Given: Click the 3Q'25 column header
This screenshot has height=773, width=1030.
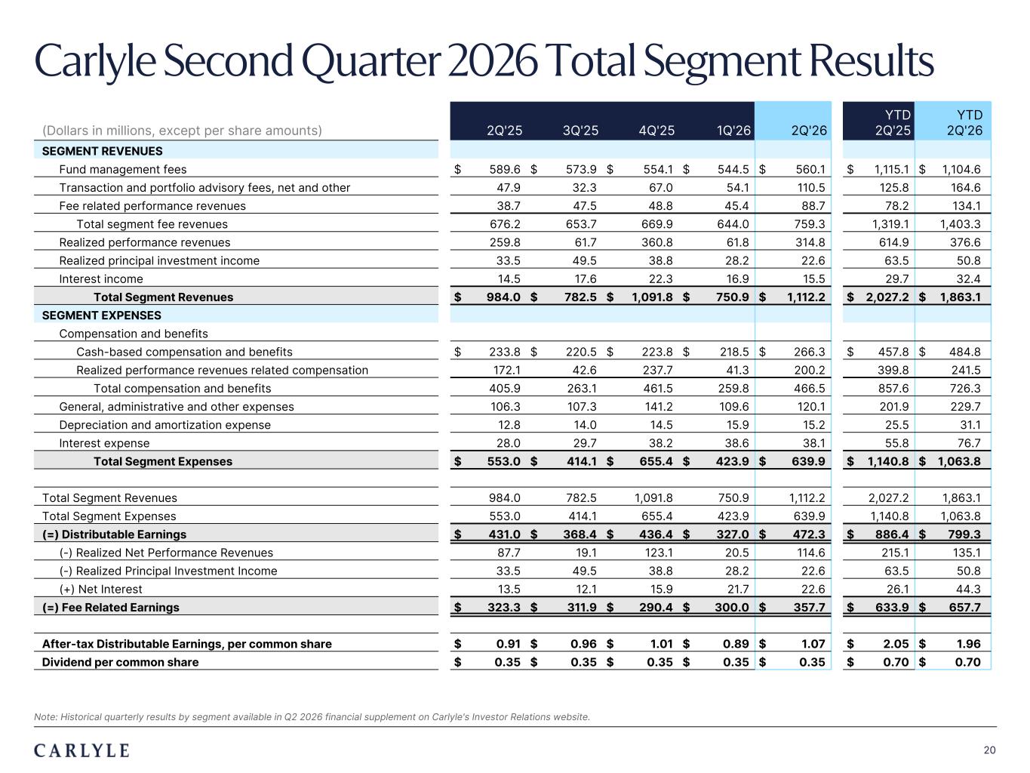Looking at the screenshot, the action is pyautogui.click(x=580, y=131).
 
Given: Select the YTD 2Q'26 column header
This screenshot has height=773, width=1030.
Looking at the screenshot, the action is pyautogui.click(x=964, y=122).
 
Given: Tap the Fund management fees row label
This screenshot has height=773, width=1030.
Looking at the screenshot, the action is pyautogui.click(x=122, y=169).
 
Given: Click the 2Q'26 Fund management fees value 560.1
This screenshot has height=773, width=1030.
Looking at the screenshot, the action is pyautogui.click(x=810, y=169).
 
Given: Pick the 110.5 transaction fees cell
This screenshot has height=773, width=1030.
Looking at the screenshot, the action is pyautogui.click(x=811, y=188).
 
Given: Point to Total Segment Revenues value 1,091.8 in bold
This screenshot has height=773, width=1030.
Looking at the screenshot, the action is pyautogui.click(x=652, y=297).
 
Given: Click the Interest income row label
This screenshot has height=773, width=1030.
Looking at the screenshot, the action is pyautogui.click(x=101, y=279).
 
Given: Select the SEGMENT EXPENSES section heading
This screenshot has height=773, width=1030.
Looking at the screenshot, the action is pyautogui.click(x=101, y=316).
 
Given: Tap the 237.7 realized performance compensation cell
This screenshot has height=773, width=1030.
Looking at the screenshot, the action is pyautogui.click(x=657, y=371).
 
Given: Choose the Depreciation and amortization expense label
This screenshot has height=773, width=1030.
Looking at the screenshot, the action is pyautogui.click(x=164, y=425).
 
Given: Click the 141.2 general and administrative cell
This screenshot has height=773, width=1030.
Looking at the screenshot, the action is pyautogui.click(x=658, y=407).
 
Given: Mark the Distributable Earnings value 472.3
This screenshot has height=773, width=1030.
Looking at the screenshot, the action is pyautogui.click(x=809, y=534).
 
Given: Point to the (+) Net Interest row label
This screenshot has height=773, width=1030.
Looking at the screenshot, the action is pyautogui.click(x=100, y=590).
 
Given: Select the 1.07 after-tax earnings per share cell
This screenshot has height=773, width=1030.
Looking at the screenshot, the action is pyautogui.click(x=813, y=644).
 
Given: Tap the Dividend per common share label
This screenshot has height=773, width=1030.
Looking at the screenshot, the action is pyautogui.click(x=120, y=662).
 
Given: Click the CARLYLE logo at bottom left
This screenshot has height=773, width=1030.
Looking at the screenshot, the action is pyautogui.click(x=81, y=750).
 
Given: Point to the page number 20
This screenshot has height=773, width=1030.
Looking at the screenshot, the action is pyautogui.click(x=990, y=750).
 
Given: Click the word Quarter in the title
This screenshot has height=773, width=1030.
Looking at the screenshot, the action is pyautogui.click(x=371, y=61).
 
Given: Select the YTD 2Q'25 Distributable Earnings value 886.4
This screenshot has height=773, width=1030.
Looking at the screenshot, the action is pyautogui.click(x=892, y=534).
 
